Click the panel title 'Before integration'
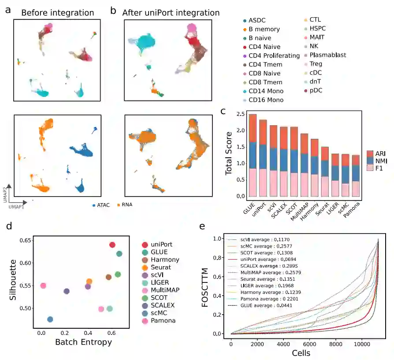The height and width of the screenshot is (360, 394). [x=57, y=13]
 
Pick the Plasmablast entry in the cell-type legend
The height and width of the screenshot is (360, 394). [x=327, y=55]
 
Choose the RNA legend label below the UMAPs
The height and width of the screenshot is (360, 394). [x=126, y=204]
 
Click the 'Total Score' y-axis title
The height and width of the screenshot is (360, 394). [x=228, y=156]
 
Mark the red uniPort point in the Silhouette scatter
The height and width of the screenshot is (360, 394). [x=112, y=245]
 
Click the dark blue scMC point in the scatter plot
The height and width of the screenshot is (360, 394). [x=50, y=319]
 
